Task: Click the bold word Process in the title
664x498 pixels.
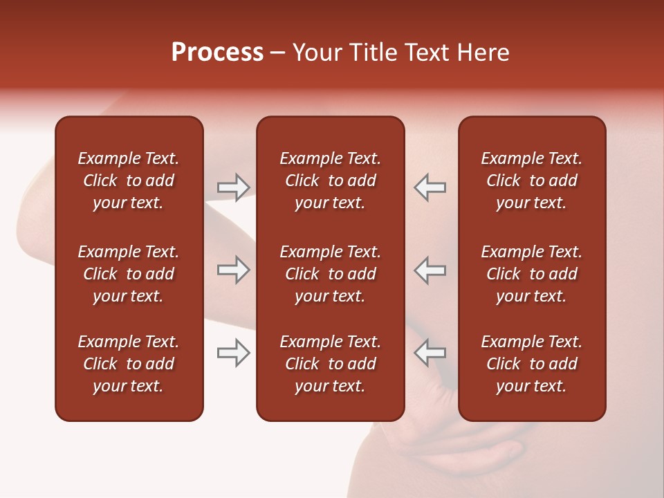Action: pos(217,53)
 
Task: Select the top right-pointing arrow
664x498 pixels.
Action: pos(234,187)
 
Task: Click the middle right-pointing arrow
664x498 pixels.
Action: pos(234,270)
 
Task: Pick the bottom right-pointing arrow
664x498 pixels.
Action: pos(234,353)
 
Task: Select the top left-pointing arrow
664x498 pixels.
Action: pos(430,187)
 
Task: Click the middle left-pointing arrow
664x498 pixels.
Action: pos(430,270)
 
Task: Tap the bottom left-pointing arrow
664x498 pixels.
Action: pos(430,353)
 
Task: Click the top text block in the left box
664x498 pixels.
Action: pos(129,181)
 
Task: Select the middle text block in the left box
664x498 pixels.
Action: pos(129,274)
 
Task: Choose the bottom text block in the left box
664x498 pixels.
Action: pos(129,364)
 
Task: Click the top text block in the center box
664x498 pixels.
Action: pos(330,181)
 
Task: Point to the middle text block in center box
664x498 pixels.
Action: pos(330,274)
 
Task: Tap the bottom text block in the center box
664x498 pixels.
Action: pos(330,364)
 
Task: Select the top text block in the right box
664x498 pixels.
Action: pos(531,181)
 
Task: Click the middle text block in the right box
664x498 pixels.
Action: pos(531,274)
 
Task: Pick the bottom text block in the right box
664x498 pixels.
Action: pos(531,364)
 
